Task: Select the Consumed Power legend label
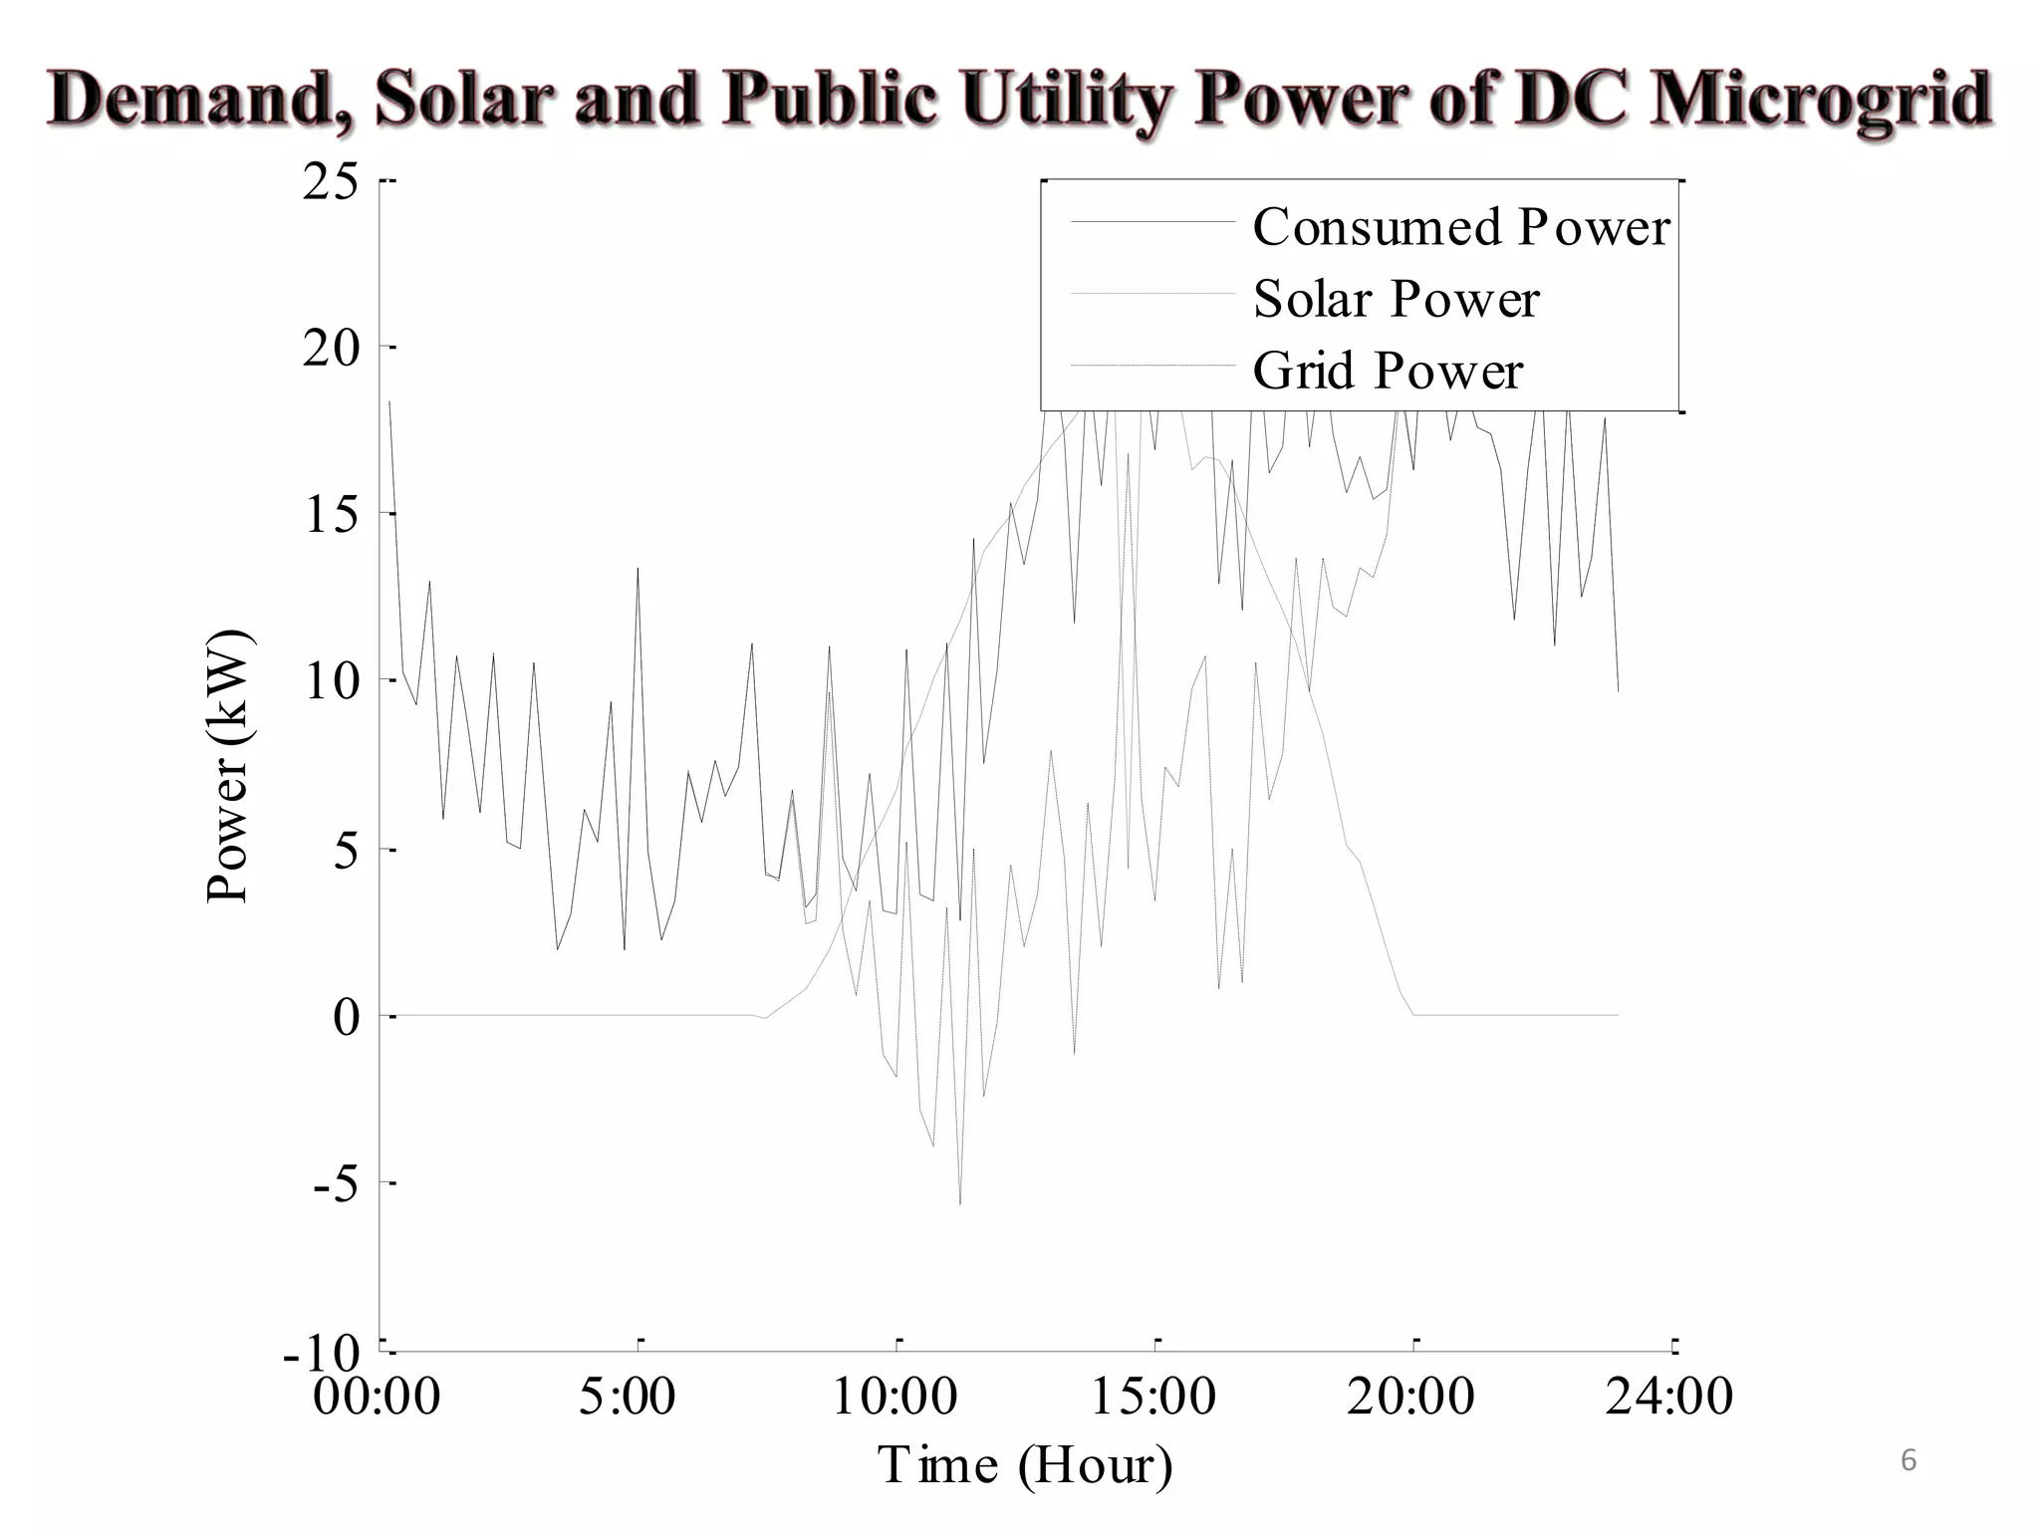(1460, 227)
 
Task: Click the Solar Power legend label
(1396, 299)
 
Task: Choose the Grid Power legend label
(1388, 371)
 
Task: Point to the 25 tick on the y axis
(331, 182)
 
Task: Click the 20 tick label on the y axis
(331, 349)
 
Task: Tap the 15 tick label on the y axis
(331, 515)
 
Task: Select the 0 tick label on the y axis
(346, 1017)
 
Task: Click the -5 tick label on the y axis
(336, 1184)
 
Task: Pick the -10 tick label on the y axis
(321, 1352)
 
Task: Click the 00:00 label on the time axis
(377, 1396)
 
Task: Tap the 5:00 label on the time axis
(627, 1396)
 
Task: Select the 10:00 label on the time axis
(894, 1396)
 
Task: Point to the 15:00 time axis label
(1152, 1396)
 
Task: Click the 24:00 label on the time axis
(1668, 1396)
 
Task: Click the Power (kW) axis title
(228, 767)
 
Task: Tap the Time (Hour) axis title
(1024, 1464)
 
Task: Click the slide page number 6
(1909, 1460)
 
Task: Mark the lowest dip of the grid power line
(960, 1203)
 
